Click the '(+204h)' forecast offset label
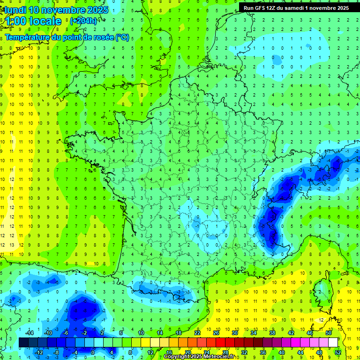83,21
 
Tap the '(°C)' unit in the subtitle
123,37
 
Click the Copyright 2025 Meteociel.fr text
205,357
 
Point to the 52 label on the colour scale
337,352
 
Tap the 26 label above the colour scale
216,333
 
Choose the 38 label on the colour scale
272,333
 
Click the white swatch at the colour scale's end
333,343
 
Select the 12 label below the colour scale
150,352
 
